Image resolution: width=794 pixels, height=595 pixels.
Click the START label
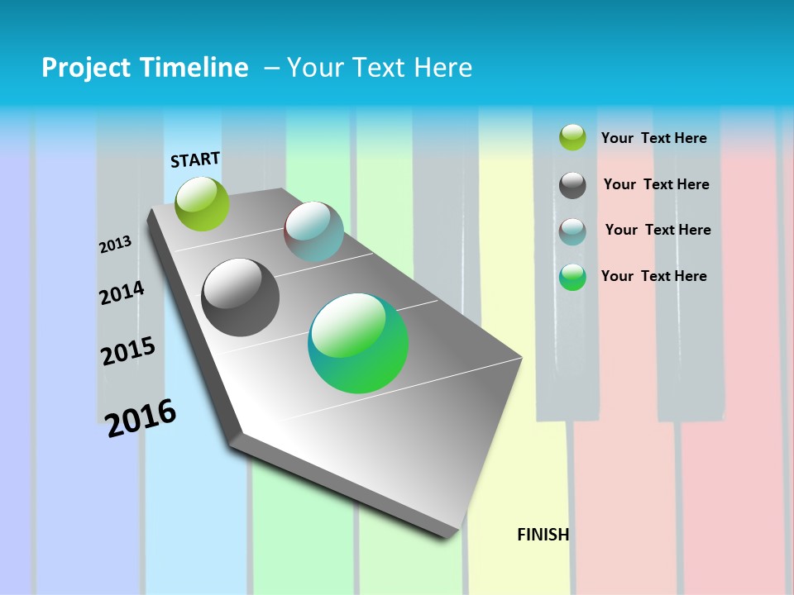point(195,159)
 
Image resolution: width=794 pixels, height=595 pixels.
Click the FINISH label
point(543,535)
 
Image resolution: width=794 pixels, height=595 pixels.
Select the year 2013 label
point(115,245)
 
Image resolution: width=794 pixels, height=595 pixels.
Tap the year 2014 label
point(122,293)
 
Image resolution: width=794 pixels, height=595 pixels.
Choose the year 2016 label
point(141,418)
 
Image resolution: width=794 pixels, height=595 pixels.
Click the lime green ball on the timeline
point(202,203)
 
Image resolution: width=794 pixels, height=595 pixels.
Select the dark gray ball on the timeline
point(240,297)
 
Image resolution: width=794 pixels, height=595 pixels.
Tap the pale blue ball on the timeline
point(313,231)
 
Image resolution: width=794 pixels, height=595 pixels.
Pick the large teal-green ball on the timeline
point(358,343)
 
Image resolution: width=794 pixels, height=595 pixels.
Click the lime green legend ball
point(572,137)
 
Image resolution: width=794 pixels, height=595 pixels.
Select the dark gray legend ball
point(572,185)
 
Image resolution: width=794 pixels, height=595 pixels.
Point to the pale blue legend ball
point(572,231)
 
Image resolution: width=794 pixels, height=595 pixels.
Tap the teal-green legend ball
point(572,277)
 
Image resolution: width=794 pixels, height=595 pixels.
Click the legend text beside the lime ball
point(653,138)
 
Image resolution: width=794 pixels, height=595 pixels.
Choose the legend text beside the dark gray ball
point(656,184)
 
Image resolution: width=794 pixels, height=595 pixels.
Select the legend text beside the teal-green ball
point(653,276)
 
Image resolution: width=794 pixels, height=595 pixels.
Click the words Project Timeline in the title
point(145,68)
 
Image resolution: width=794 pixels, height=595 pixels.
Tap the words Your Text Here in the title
point(379,68)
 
